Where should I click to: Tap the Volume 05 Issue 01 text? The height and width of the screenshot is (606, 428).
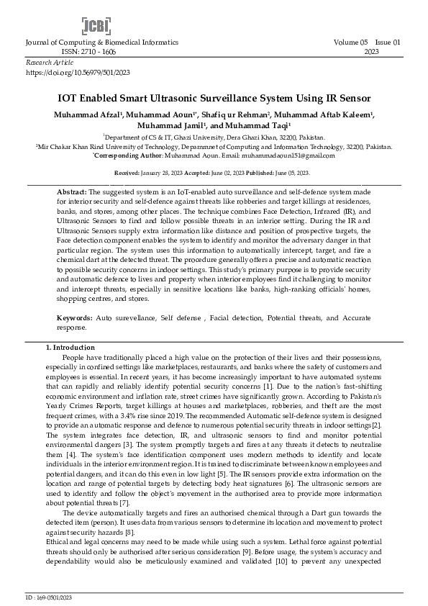coord(367,43)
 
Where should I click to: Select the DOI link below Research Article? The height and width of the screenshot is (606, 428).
coord(78,73)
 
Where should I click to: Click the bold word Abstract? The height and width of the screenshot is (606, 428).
coord(71,194)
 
